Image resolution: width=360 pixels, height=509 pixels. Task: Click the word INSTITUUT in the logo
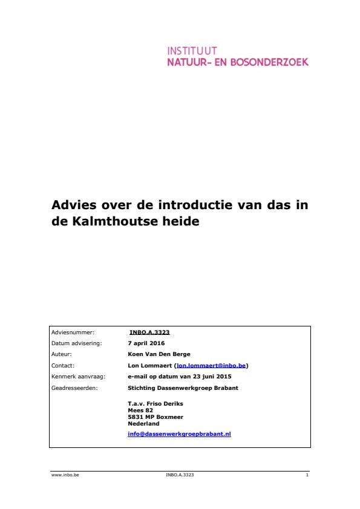(x=192, y=51)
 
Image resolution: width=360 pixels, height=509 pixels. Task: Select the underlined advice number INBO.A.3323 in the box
(x=145, y=332)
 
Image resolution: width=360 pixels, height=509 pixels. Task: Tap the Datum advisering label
(x=77, y=343)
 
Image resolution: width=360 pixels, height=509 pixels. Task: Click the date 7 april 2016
(x=146, y=343)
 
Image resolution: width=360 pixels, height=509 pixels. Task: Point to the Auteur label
(x=61, y=354)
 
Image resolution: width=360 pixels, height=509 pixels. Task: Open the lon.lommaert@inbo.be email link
(x=211, y=366)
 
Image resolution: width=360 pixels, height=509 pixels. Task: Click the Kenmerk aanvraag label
(x=79, y=377)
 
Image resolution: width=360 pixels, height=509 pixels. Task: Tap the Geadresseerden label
(x=74, y=388)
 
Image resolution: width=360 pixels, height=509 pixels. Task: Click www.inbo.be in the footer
(x=65, y=475)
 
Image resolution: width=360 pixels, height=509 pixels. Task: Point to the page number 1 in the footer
(x=307, y=475)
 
